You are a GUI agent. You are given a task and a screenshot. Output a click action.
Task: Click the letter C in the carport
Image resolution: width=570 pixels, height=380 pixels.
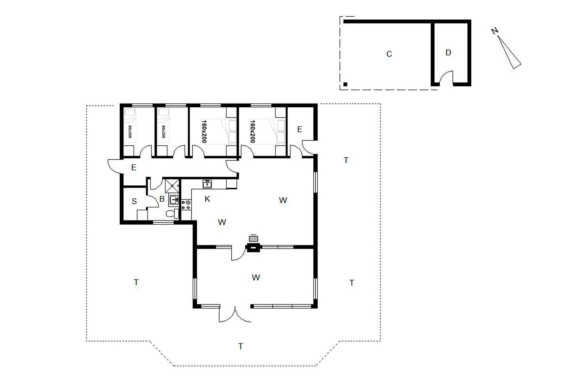(x=389, y=54)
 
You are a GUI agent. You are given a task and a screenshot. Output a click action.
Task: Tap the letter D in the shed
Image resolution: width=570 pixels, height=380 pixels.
(x=448, y=53)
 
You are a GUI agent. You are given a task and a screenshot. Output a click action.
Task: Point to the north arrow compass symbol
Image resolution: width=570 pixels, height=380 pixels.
(x=508, y=49)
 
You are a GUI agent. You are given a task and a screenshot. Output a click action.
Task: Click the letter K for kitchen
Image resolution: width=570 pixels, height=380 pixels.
(x=207, y=199)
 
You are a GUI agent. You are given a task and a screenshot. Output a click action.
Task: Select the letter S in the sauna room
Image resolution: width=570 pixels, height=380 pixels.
(x=134, y=202)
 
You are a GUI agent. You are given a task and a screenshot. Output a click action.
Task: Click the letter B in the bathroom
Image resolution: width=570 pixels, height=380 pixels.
(x=162, y=199)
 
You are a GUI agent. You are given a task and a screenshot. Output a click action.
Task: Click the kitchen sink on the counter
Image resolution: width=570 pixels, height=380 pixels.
(x=207, y=184)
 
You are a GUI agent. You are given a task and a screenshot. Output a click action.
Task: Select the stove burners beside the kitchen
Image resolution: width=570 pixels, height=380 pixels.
(x=186, y=205)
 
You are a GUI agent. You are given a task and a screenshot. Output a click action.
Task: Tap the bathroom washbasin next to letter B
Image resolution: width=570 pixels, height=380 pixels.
(x=174, y=200)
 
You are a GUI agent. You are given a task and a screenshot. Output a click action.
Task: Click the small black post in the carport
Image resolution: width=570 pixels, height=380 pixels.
(x=345, y=84)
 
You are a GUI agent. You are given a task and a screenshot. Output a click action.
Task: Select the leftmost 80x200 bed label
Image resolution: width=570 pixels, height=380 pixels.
(x=130, y=132)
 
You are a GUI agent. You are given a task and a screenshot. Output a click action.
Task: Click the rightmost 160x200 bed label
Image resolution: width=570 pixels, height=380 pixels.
(x=253, y=131)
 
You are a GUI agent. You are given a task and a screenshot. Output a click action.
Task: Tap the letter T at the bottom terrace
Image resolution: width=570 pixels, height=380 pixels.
(x=241, y=346)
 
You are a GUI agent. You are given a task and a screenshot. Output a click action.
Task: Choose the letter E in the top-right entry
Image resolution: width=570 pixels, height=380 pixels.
(x=300, y=129)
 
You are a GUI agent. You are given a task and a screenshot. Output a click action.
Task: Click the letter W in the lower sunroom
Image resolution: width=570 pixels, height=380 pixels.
(x=256, y=278)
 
